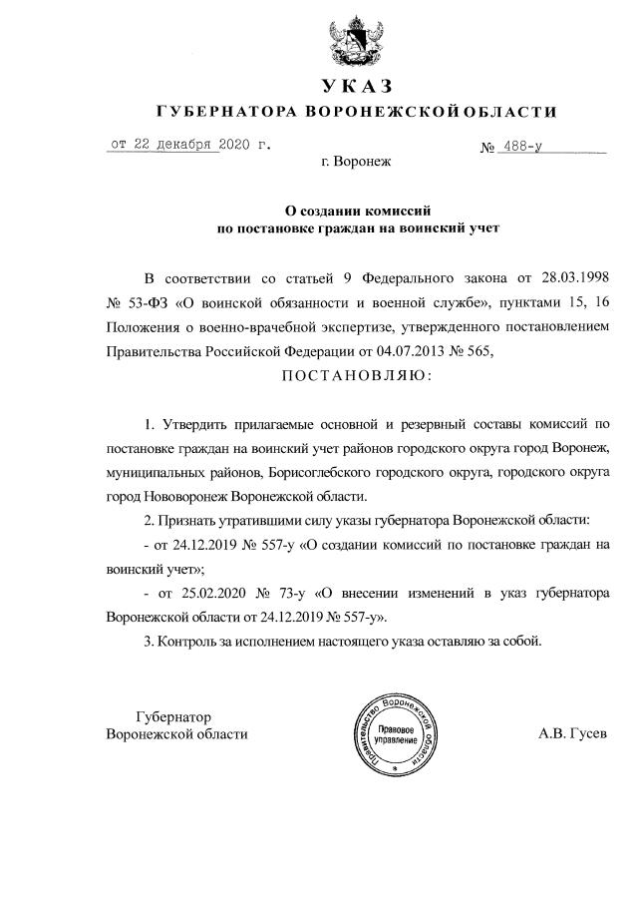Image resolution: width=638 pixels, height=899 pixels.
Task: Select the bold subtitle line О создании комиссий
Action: [x=357, y=211]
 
